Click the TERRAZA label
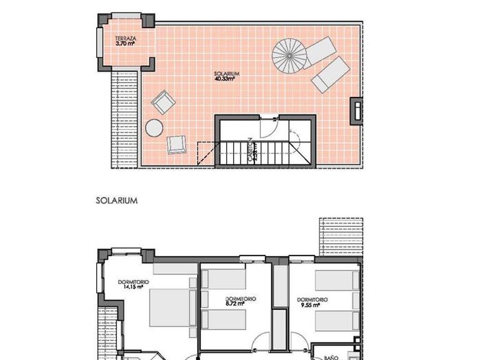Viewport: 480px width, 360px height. click(126, 38)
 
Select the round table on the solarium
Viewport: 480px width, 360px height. click(154, 128)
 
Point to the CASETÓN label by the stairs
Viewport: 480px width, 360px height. click(249, 150)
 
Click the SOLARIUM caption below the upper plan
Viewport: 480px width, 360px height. click(116, 201)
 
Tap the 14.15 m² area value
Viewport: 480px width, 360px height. click(132, 288)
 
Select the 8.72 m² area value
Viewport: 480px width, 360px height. click(240, 306)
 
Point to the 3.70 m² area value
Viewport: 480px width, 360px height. click(126, 44)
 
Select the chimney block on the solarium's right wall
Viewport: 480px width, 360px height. click(356, 111)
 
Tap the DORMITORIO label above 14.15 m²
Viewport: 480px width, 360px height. click(133, 282)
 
